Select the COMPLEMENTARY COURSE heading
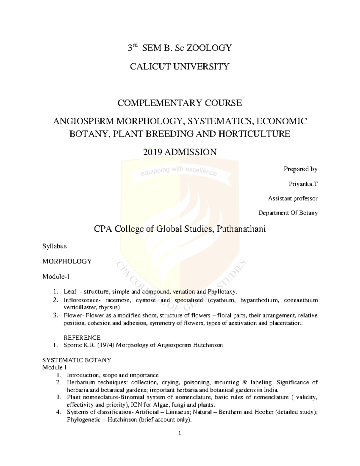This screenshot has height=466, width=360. coord(179,103)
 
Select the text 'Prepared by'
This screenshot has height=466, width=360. coord(300,169)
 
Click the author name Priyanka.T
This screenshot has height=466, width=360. coord(303,184)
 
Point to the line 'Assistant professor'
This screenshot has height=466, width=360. coord(292,198)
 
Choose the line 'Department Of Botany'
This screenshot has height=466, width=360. coord(288,213)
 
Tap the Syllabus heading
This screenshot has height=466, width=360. coord(54,246)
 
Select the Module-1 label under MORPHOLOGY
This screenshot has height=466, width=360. coord(56,277)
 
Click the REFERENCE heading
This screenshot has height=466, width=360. coord(82,338)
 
